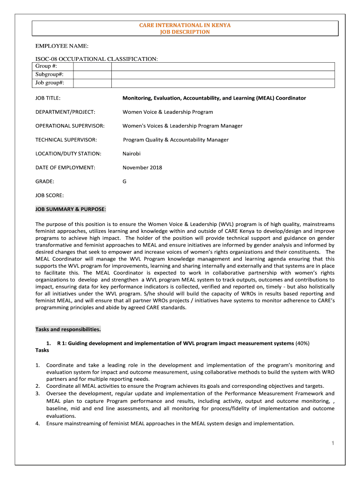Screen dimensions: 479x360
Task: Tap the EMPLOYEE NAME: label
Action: click(x=62, y=46)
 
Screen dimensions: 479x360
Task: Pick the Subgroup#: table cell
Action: click(x=50, y=75)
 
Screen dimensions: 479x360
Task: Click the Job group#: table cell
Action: click(x=50, y=83)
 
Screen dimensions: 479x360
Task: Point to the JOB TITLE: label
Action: click(x=48, y=98)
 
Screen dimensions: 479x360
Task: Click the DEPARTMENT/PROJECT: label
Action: click(x=65, y=112)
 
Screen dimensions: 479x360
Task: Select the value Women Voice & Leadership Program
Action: click(x=167, y=112)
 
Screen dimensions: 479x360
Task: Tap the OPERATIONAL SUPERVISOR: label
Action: click(x=70, y=126)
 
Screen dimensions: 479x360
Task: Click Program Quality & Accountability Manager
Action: click(x=176, y=140)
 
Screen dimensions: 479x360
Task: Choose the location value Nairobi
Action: click(x=131, y=153)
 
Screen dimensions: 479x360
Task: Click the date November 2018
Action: click(x=142, y=167)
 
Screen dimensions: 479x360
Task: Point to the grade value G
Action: click(x=124, y=181)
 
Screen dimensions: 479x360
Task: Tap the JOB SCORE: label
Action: click(x=50, y=195)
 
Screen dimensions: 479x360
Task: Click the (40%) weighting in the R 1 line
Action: click(x=302, y=343)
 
